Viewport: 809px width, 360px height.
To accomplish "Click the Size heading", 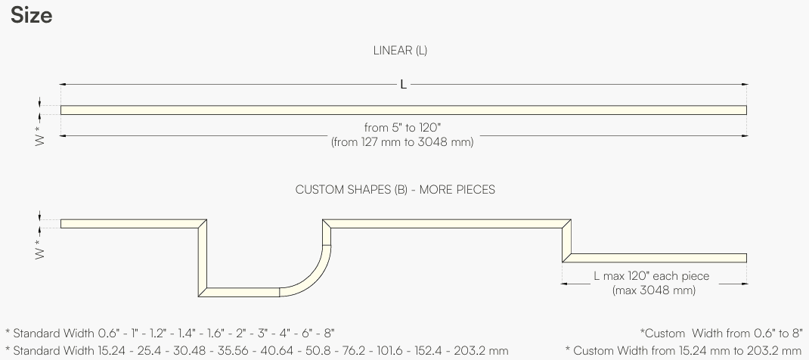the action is (32, 15).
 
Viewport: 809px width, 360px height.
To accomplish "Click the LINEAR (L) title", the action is (401, 51).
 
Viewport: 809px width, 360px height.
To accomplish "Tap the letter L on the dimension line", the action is (404, 85).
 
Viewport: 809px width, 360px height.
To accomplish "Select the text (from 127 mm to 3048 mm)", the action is (402, 142).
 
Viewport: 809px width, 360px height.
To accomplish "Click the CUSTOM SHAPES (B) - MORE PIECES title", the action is (395, 190).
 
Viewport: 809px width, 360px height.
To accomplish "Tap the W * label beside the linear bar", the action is (40, 135).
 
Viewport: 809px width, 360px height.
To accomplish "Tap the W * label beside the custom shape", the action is (40, 249).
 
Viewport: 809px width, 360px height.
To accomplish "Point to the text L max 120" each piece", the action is (652, 276).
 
